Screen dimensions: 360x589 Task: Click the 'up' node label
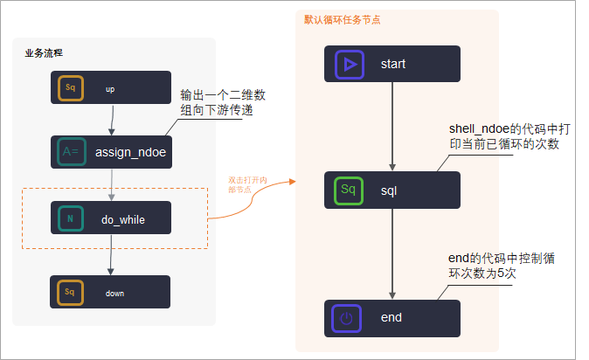[x=109, y=89]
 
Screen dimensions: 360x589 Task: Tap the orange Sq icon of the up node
[x=71, y=88]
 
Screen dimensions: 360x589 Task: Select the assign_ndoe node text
[x=130, y=152]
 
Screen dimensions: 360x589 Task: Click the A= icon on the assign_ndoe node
[x=71, y=152]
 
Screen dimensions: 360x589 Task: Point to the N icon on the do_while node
[x=71, y=219]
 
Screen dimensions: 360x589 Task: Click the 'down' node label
[x=114, y=293]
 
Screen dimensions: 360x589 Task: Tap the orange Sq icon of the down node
[x=71, y=292]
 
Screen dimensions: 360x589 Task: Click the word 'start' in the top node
[x=392, y=64]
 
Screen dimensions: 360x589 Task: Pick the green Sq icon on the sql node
[x=347, y=189]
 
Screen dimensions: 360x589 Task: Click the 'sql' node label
[x=391, y=189]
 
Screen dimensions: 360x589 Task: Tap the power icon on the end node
[x=347, y=318]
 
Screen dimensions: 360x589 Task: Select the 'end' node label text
[x=392, y=318]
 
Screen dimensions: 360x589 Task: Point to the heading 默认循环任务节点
[x=342, y=18]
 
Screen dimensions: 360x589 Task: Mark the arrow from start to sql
[x=392, y=127]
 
